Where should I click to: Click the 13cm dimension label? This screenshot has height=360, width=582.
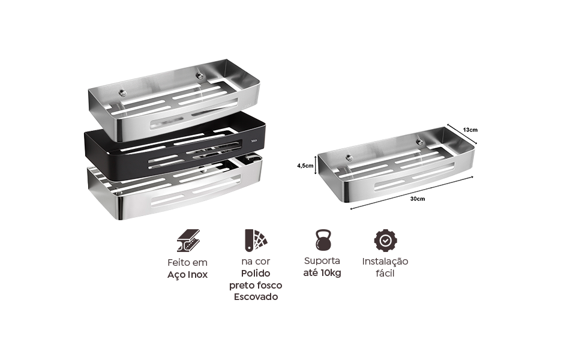(x=470, y=130)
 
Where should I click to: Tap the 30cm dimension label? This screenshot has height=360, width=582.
(x=418, y=199)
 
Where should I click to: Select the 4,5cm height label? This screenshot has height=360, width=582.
(x=305, y=166)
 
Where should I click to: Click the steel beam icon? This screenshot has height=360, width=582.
(x=188, y=241)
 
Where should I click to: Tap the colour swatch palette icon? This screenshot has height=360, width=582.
(x=256, y=240)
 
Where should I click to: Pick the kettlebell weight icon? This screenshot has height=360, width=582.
(x=323, y=239)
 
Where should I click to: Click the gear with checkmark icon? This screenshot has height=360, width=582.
(x=385, y=241)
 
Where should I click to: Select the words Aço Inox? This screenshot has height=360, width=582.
(x=187, y=275)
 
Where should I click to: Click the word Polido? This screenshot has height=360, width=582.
(x=256, y=274)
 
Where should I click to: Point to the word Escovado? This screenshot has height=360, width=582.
(x=256, y=297)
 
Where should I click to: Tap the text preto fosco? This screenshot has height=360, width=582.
(x=256, y=286)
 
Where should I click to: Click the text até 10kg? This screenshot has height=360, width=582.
(x=322, y=273)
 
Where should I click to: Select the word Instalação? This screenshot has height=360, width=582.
(x=385, y=262)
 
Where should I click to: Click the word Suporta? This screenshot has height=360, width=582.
(x=322, y=261)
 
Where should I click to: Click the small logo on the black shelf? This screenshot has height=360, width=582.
(x=254, y=141)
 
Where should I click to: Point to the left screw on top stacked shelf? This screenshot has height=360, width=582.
(x=122, y=93)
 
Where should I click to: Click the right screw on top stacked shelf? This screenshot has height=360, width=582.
(x=200, y=76)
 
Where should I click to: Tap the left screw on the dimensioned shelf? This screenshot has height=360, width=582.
(x=349, y=158)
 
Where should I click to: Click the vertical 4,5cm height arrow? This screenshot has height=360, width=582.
(x=316, y=164)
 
